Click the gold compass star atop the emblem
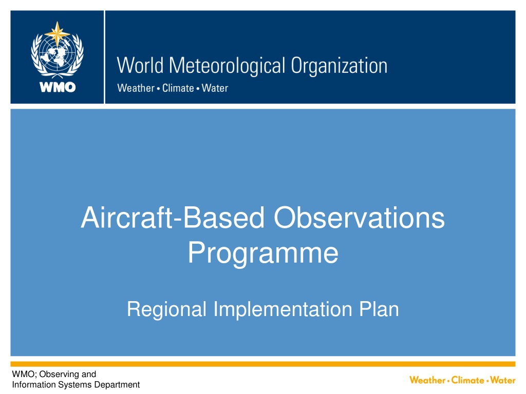coord(57,33)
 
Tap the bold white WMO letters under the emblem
coord(58,87)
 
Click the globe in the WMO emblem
coord(57,53)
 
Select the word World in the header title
coord(140,65)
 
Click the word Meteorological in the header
coord(227,66)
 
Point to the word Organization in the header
coord(339,66)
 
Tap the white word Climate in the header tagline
coord(178,88)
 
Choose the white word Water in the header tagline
coord(215,88)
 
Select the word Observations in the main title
coord(359,218)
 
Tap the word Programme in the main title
coord(263,253)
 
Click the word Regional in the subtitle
coord(167,309)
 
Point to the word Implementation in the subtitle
coord(283,309)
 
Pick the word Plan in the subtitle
coord(379,308)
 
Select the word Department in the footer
coord(117,385)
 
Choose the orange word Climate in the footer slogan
coord(467,380)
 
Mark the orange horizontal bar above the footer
coord(263,364)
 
